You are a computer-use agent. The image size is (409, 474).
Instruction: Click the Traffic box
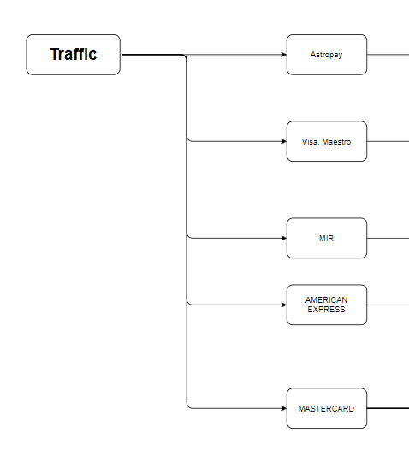click(x=73, y=55)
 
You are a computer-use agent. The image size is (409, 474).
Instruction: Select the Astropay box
click(x=327, y=55)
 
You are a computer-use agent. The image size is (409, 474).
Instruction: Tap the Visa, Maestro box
click(x=327, y=141)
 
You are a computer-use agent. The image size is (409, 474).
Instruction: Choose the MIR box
click(x=327, y=238)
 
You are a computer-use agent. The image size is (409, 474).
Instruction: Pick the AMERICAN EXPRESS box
click(x=327, y=305)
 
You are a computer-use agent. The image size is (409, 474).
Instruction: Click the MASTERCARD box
click(x=327, y=408)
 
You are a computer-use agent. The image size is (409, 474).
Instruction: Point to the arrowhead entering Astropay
click(x=283, y=55)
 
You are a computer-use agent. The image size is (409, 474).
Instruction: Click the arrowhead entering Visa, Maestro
click(x=283, y=141)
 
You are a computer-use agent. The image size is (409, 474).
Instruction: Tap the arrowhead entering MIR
click(x=283, y=238)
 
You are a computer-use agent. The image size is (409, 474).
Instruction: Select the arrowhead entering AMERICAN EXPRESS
click(x=283, y=305)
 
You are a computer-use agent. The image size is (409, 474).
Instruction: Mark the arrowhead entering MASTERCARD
click(x=283, y=408)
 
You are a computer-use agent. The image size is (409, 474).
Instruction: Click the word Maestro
click(x=336, y=142)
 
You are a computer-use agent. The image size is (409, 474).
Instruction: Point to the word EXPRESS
click(x=327, y=310)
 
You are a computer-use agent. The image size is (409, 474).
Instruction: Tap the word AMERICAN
click(x=327, y=299)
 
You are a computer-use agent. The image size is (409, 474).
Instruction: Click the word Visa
click(x=310, y=142)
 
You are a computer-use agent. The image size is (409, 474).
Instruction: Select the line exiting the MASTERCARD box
click(x=388, y=408)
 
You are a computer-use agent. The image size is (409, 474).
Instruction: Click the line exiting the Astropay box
click(x=388, y=55)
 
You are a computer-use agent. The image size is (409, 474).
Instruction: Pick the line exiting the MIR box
click(x=388, y=238)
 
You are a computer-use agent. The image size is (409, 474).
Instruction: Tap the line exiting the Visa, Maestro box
click(x=388, y=141)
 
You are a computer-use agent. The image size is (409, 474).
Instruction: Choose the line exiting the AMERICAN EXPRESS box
click(x=388, y=305)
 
